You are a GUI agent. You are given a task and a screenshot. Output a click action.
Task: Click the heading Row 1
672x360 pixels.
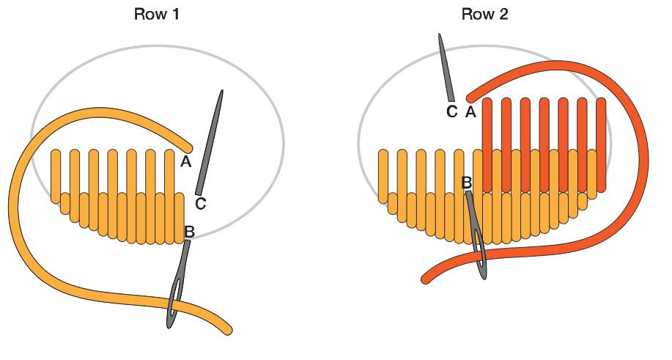point(156,14)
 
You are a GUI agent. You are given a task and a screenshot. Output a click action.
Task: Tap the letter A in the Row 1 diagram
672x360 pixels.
point(185,162)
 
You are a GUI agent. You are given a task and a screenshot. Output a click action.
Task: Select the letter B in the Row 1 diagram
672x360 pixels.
point(189,232)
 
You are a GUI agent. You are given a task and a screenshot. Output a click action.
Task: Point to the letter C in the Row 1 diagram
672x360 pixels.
point(200,204)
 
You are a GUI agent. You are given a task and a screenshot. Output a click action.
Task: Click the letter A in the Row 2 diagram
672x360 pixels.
point(470,112)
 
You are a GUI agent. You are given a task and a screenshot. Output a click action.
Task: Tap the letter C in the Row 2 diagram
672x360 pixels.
point(451,112)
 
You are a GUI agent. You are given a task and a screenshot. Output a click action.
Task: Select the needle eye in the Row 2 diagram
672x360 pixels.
point(481,253)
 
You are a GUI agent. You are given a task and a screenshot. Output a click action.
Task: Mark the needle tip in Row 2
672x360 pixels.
point(440,34)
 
